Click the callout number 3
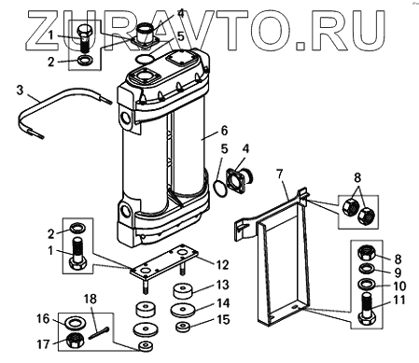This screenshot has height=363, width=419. [20, 91]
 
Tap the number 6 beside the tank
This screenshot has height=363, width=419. [224, 131]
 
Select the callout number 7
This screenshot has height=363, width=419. [280, 174]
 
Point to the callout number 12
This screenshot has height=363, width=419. [222, 265]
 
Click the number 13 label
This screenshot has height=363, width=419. [222, 285]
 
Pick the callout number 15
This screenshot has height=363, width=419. [223, 319]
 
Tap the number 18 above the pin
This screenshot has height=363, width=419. [91, 299]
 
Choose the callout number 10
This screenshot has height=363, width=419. [399, 286]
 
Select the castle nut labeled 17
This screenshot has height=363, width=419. [76, 341]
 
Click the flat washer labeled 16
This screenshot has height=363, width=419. [74, 323]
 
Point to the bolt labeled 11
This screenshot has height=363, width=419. [367, 309]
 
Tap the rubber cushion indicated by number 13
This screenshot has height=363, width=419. [182, 291]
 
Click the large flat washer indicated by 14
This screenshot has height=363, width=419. [183, 310]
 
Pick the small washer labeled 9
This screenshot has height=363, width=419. [367, 268]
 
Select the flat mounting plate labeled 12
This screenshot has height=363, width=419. [164, 260]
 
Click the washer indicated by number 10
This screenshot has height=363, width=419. [367, 284]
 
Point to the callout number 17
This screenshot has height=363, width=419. [43, 344]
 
